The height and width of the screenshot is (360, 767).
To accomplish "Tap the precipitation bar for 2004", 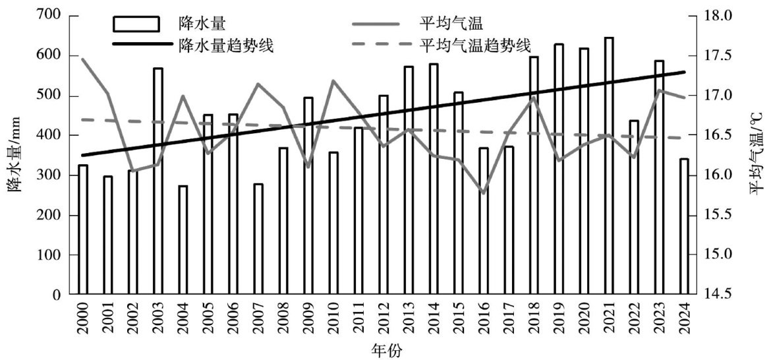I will coord(183,240).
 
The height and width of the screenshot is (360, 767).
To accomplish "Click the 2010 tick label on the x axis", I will coord(333,321).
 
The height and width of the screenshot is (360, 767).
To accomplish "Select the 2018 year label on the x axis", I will coord(534,321).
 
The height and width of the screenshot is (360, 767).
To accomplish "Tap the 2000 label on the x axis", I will coord(83,321).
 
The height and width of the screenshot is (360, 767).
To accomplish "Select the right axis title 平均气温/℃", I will coord(754,155).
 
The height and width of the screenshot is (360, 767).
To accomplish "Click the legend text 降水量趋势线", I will coord(217,45).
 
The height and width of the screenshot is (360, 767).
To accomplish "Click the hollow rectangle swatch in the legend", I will coord(136,24).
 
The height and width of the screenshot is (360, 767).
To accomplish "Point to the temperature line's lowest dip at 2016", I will coord(484,193).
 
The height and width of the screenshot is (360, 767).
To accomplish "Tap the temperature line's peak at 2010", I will coord(333,80).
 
